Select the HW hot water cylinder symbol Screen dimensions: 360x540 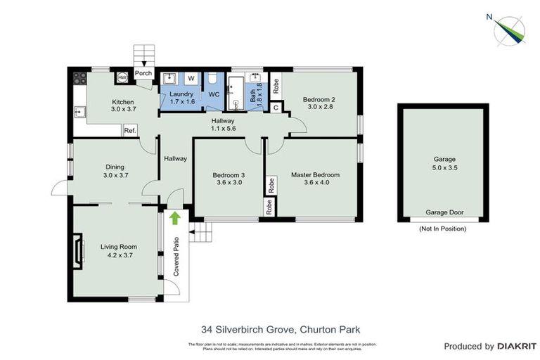coord(122,77)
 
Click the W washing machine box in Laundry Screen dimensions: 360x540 coord(191,78)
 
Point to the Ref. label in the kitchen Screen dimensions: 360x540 coord(130,131)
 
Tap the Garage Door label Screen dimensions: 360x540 coord(443,212)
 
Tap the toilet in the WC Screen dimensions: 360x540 coord(213,77)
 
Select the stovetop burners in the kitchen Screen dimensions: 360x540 coord(79,78)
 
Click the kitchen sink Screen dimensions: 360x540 coord(80,110)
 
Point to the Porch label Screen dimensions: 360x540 coord(143,72)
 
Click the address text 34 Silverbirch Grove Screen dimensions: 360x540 coord(243,328)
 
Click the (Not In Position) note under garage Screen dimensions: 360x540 coord(442,229)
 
